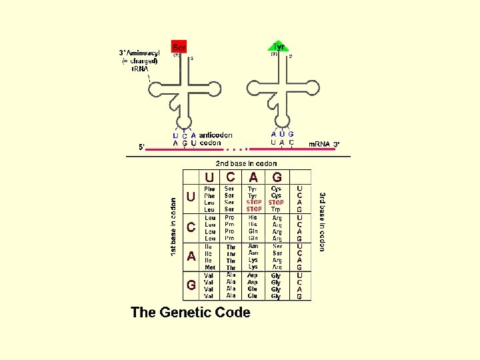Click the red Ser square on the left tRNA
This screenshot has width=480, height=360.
[x=179, y=47]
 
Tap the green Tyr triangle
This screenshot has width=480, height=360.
[x=279, y=47]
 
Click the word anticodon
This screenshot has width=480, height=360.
[x=216, y=135]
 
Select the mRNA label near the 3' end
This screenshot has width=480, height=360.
[x=319, y=144]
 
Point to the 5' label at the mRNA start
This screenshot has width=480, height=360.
[x=142, y=147]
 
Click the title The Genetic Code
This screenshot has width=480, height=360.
[x=191, y=312]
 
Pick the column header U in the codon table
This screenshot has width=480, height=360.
[x=210, y=177]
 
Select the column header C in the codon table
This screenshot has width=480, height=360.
[x=230, y=177]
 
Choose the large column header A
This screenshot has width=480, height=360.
[x=253, y=177]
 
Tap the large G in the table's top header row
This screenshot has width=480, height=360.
[x=277, y=177]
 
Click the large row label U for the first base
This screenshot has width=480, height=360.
[x=191, y=198]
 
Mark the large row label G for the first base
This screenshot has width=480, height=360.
[x=191, y=285]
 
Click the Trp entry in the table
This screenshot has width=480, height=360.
[x=276, y=209]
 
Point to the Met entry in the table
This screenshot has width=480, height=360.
[x=210, y=267]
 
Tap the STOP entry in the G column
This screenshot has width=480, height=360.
[x=276, y=202]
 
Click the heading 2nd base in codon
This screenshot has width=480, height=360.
[x=246, y=163]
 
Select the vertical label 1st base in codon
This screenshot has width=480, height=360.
[x=173, y=227]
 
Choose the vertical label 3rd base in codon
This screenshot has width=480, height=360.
[x=322, y=221]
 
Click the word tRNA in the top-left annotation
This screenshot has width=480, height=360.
[x=140, y=69]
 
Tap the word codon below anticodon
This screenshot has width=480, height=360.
[x=211, y=143]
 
